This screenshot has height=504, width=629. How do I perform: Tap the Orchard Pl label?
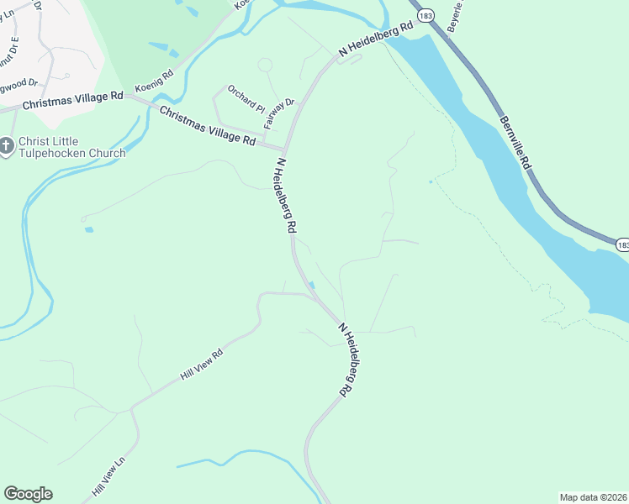pyautogui.click(x=246, y=98)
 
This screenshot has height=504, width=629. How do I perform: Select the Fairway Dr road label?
pyautogui.click(x=278, y=113)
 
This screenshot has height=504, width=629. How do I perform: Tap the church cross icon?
pyautogui.click(x=7, y=147)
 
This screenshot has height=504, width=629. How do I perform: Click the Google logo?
pyautogui.click(x=28, y=494)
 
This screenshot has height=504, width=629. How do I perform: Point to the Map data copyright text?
pyautogui.click(x=594, y=496)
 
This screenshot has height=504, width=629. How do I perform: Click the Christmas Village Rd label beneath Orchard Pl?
pyautogui.click(x=207, y=127)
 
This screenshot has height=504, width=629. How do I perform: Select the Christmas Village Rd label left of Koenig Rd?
pyautogui.click(x=73, y=100)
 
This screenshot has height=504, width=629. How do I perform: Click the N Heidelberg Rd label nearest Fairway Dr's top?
pyautogui.click(x=377, y=39)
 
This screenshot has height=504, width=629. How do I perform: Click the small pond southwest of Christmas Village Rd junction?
pyautogui.click(x=89, y=228)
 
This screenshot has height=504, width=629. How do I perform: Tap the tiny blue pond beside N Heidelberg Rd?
pyautogui.click(x=312, y=285)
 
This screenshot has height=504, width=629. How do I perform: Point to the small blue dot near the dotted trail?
pyautogui.click(x=431, y=181)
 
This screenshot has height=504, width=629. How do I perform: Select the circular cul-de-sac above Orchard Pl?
pyautogui.click(x=265, y=65)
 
